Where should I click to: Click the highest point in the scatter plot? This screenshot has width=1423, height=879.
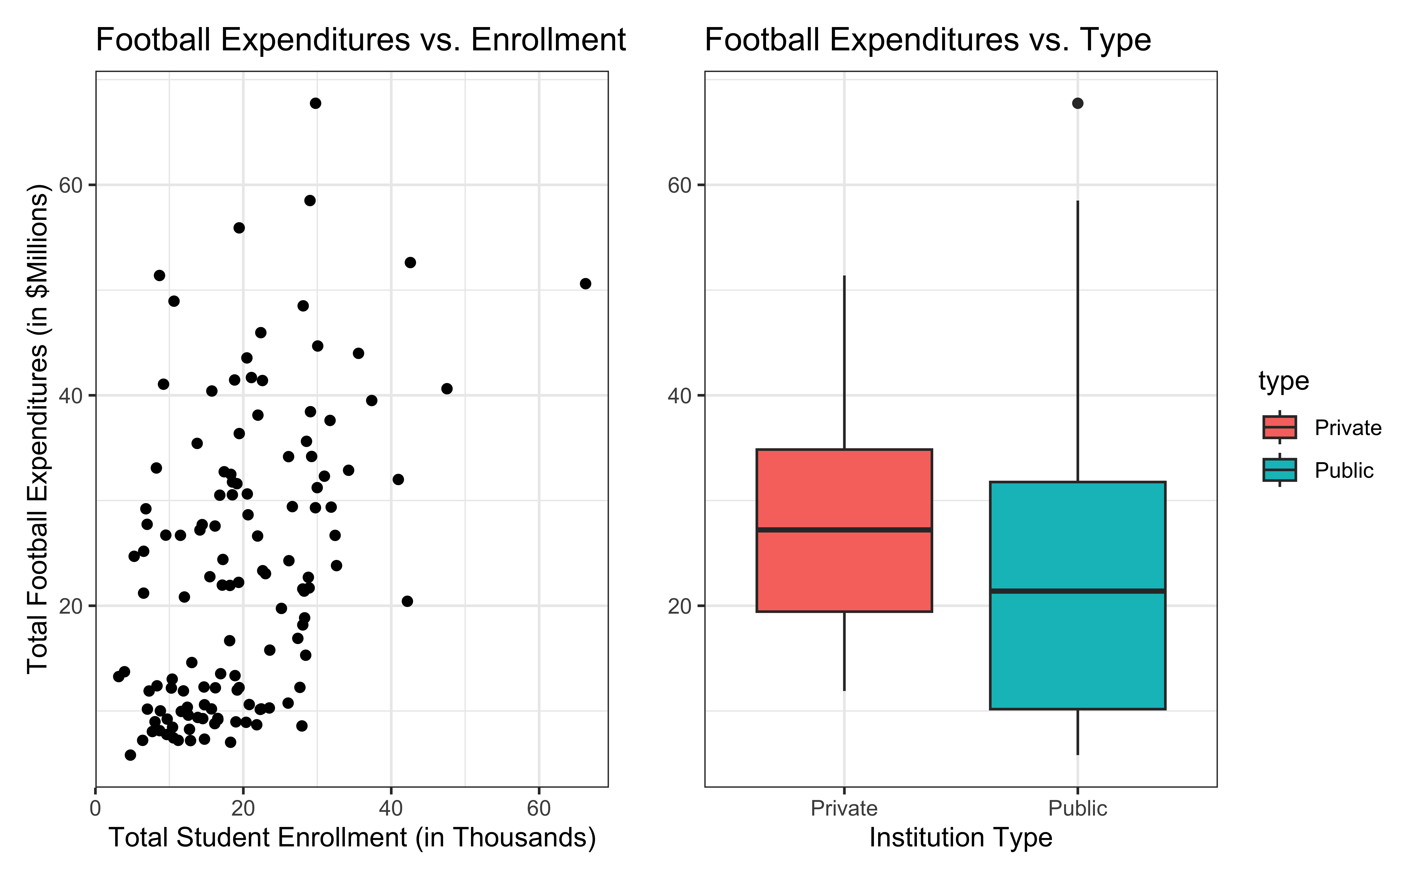click(x=315, y=104)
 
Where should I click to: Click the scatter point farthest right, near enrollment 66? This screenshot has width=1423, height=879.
click(x=585, y=284)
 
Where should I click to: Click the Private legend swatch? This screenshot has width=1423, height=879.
click(x=1279, y=427)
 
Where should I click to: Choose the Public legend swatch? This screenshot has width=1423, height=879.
click(x=1279, y=470)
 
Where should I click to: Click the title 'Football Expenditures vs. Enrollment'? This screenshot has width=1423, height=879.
click(x=360, y=40)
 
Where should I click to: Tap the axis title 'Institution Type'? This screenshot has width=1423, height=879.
click(x=961, y=838)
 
